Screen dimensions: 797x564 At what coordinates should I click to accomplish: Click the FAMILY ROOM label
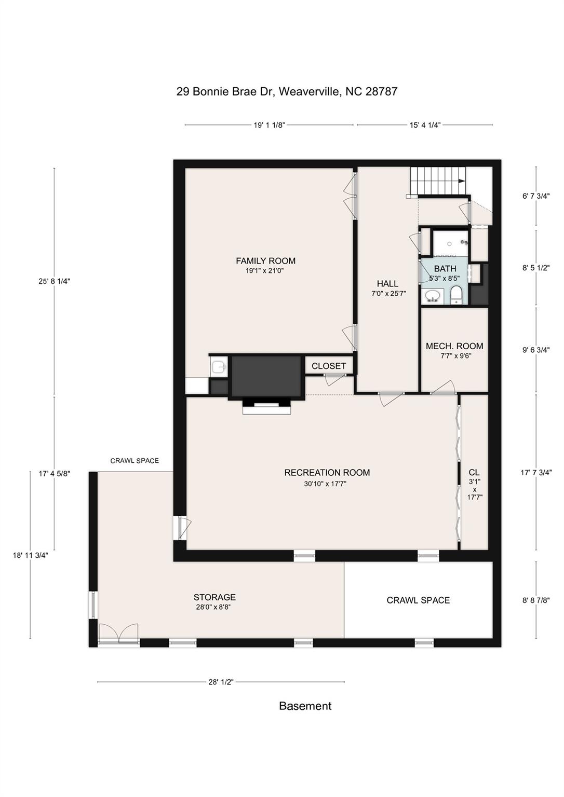[x=265, y=261]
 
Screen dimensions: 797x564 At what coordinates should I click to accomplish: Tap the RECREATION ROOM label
[x=327, y=473]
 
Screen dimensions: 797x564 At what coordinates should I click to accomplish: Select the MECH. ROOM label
[x=454, y=346]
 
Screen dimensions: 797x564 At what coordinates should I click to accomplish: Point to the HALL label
[x=387, y=283]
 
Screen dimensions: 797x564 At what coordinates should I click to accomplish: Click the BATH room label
[x=445, y=269]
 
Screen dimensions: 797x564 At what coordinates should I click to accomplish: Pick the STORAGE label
[x=214, y=597]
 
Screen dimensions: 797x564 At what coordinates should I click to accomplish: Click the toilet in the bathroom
[x=456, y=294]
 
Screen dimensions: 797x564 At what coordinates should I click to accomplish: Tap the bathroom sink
[x=432, y=296]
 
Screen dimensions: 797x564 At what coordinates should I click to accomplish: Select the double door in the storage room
[x=119, y=634]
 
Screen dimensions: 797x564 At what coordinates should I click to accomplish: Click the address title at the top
[x=287, y=92]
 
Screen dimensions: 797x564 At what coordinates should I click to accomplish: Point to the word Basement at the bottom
[x=305, y=706]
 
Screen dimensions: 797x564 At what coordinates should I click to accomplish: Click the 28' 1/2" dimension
[x=221, y=682]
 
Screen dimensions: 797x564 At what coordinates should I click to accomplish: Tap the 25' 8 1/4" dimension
[x=54, y=281]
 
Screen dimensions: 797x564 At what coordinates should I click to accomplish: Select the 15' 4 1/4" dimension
[x=425, y=125]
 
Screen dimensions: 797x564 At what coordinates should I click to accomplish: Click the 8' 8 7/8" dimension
[x=536, y=600]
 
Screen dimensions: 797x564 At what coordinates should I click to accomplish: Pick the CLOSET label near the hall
[x=328, y=366]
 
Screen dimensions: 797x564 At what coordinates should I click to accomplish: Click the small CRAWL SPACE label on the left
[x=135, y=461]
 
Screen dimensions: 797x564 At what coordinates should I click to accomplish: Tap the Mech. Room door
[x=444, y=388]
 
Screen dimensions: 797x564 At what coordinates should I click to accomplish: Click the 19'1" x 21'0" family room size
[x=265, y=271]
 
